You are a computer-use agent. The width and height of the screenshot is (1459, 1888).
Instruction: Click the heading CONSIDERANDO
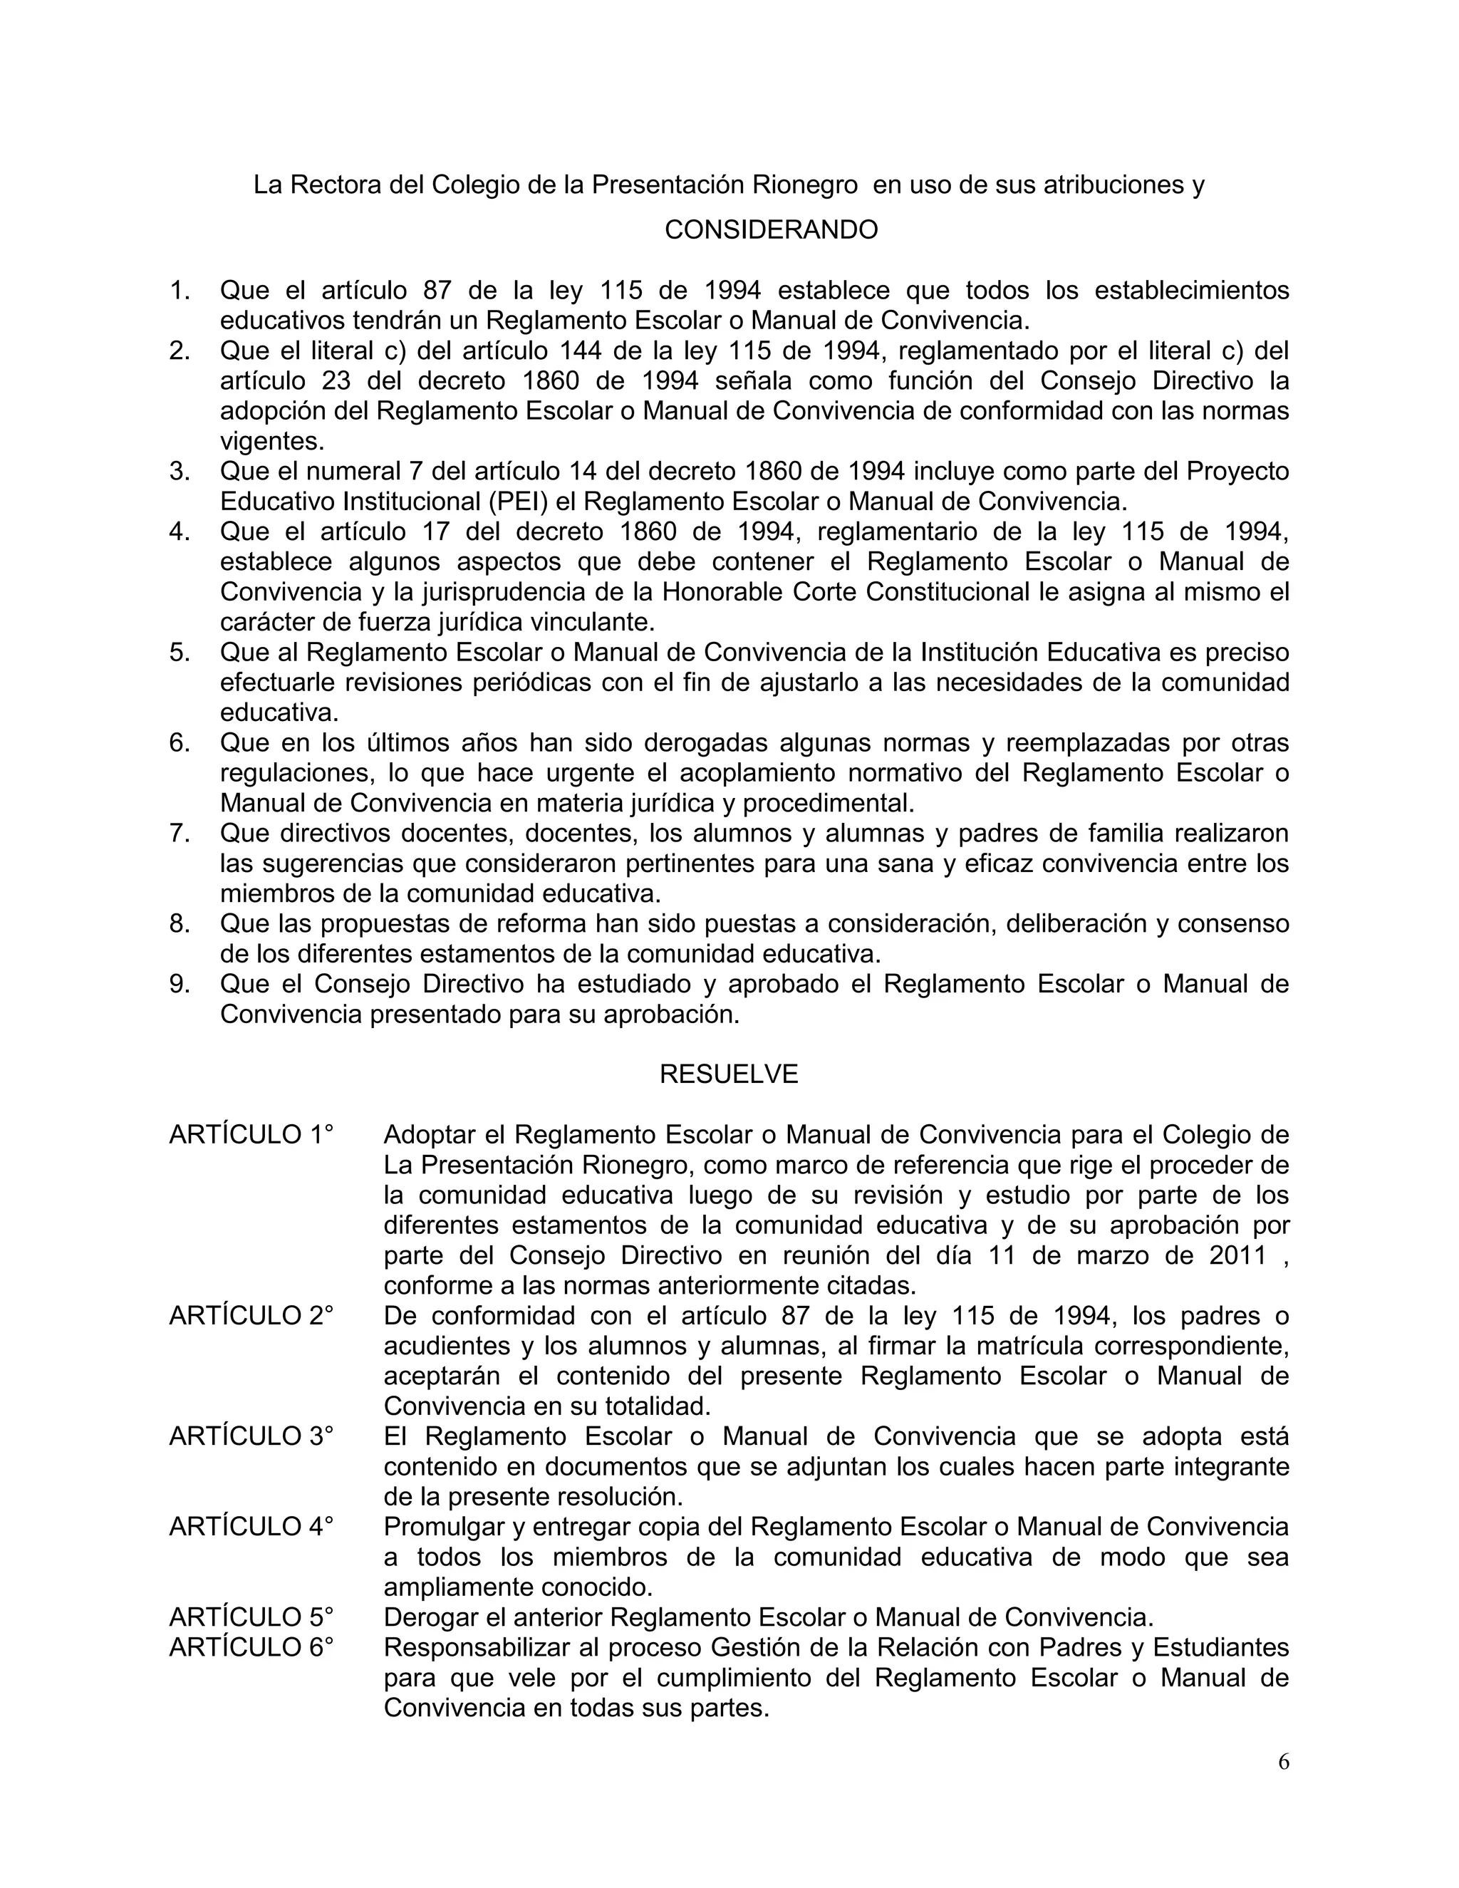pos(771,230)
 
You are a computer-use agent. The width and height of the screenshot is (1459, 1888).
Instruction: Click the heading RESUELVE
pos(729,1074)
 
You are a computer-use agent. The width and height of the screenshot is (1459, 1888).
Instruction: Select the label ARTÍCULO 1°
pos(251,1135)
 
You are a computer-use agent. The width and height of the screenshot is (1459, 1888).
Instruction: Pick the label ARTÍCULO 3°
pos(251,1437)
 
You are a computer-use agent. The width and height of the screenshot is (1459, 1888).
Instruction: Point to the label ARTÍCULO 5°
pos(251,1617)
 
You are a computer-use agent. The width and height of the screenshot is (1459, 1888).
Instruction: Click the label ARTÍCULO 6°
pos(251,1648)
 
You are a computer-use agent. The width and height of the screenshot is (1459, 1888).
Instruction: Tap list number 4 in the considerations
pos(179,531)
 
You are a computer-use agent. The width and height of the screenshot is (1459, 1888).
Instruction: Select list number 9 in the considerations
pos(179,984)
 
